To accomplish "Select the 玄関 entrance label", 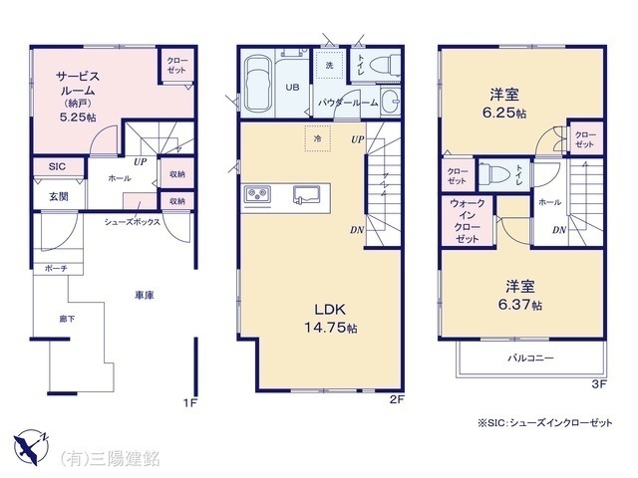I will (x=59, y=196).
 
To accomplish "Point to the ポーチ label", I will (x=56, y=269).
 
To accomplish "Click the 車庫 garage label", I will (x=144, y=295).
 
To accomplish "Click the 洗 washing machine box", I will (x=328, y=66).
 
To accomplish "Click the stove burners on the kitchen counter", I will (x=255, y=193).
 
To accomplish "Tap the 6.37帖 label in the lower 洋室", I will (x=521, y=304).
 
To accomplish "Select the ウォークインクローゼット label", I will (x=468, y=224).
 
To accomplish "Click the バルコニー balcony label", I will (x=531, y=358).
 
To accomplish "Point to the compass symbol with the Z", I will (x=33, y=443).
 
